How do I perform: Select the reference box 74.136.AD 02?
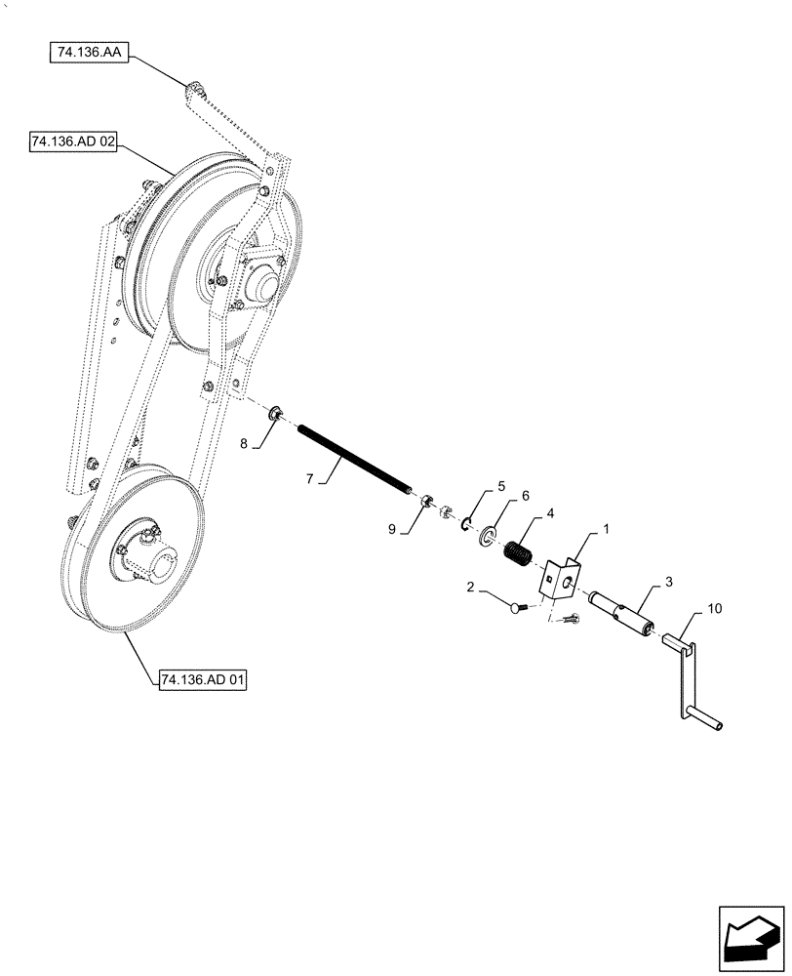click(74, 142)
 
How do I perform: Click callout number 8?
click(245, 443)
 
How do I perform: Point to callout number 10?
click(715, 609)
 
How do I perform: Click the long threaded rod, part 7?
click(356, 455)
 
